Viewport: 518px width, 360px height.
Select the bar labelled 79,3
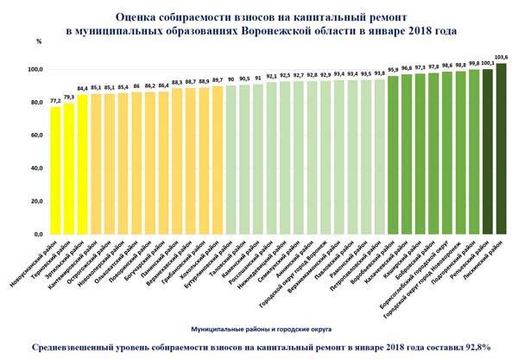tap(69, 168)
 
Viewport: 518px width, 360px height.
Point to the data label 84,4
tap(83, 88)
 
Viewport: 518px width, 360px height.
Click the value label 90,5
tap(244, 79)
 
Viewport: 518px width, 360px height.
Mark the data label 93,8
tap(379, 73)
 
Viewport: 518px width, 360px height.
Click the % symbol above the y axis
tap(39, 41)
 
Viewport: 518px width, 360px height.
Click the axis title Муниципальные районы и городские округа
tap(259, 329)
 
